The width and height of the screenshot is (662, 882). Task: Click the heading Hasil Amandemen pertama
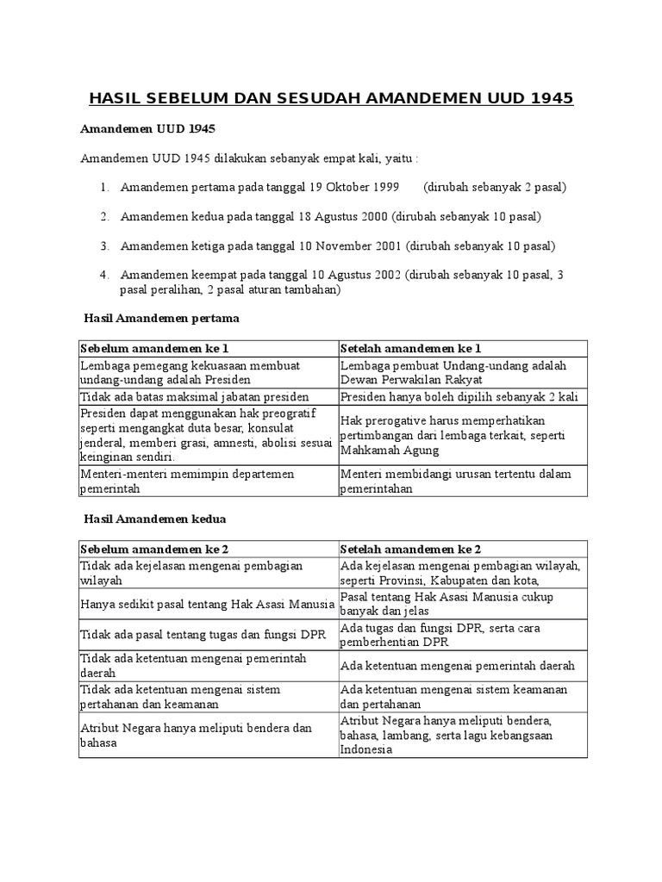160,318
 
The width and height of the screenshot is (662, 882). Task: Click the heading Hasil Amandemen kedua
154,519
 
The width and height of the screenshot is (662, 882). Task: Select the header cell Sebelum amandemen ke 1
154,348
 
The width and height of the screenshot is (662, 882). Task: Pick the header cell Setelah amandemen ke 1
410,348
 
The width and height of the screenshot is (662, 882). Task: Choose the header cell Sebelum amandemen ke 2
154,549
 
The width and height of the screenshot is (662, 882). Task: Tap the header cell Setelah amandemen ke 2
410,549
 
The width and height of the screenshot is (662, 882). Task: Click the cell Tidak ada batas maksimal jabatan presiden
197,396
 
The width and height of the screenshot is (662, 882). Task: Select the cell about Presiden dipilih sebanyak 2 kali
459,396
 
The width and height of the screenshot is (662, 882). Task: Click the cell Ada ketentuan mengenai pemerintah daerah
457,666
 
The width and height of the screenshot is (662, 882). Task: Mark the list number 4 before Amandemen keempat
103,276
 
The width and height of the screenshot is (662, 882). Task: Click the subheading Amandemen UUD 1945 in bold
147,129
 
